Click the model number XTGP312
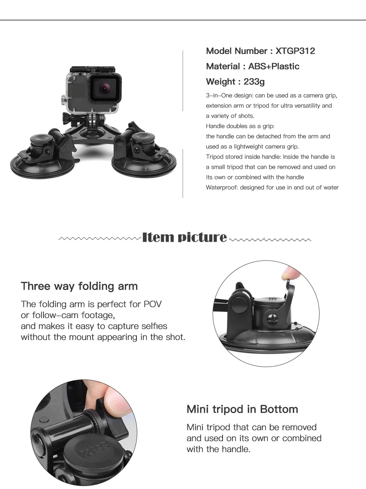pos(295,51)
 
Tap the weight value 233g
pos(254,82)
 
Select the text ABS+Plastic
pos(274,66)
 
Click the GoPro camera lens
pos(104,89)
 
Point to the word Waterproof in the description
pos(222,188)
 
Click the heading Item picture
pos(184,237)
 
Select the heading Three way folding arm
pos(79,286)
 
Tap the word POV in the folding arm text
pos(153,304)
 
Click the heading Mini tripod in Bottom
pos(242,409)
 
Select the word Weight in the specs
pos(221,82)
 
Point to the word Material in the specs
pos(223,66)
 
